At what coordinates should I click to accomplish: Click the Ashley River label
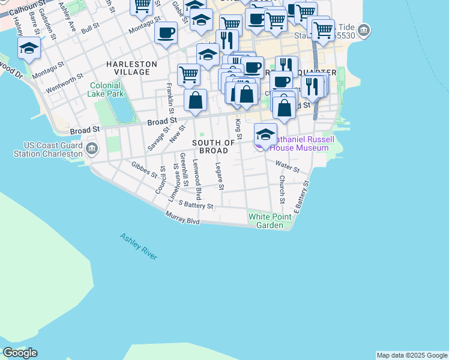point(138,246)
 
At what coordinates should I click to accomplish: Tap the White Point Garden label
point(270,221)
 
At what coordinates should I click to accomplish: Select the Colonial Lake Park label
point(107,90)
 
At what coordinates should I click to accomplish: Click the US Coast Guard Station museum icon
point(92,148)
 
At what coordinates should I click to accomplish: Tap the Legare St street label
point(220,177)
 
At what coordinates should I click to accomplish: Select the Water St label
point(288,165)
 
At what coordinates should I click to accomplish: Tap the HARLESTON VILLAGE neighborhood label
point(132,68)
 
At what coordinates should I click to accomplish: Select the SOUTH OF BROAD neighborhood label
point(214,146)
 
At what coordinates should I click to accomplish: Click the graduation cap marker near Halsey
point(29,48)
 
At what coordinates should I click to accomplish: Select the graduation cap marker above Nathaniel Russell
point(265,134)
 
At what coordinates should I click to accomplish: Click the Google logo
point(20,352)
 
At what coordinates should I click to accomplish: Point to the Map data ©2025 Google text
point(412,355)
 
